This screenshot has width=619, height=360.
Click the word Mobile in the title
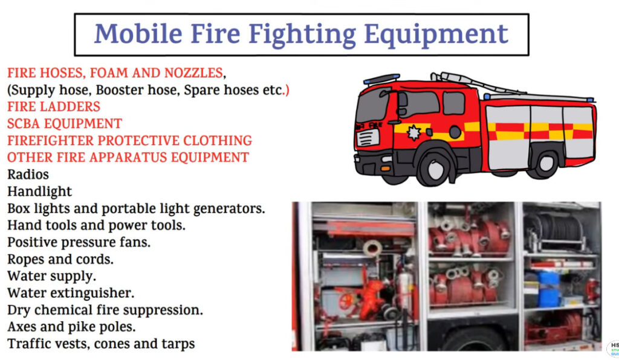click(138, 33)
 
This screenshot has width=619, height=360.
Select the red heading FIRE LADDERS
click(54, 106)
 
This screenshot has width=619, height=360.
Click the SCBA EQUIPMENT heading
click(65, 123)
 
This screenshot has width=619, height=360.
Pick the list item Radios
click(28, 175)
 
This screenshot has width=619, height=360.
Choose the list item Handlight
click(39, 191)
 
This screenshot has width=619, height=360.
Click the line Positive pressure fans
click(79, 242)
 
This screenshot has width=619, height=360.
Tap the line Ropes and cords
click(60, 259)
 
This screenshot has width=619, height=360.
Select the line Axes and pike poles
click(71, 327)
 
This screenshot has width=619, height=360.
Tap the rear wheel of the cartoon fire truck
click(546, 162)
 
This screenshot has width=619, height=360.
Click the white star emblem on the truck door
click(413, 133)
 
